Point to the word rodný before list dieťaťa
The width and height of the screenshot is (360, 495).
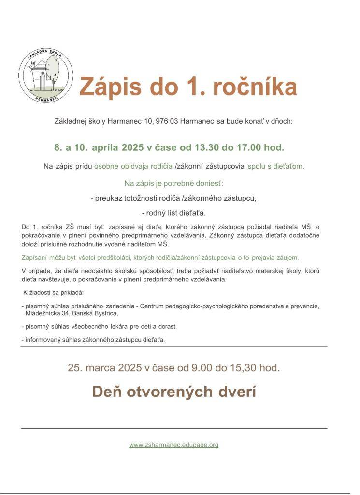tap(157, 213)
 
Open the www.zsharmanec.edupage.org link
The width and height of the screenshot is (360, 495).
tap(173, 445)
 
